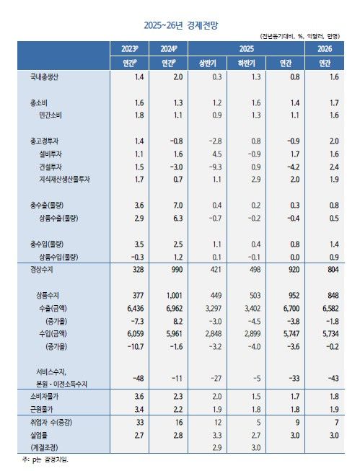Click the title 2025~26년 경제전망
[180, 25]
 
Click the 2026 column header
[325, 48]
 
